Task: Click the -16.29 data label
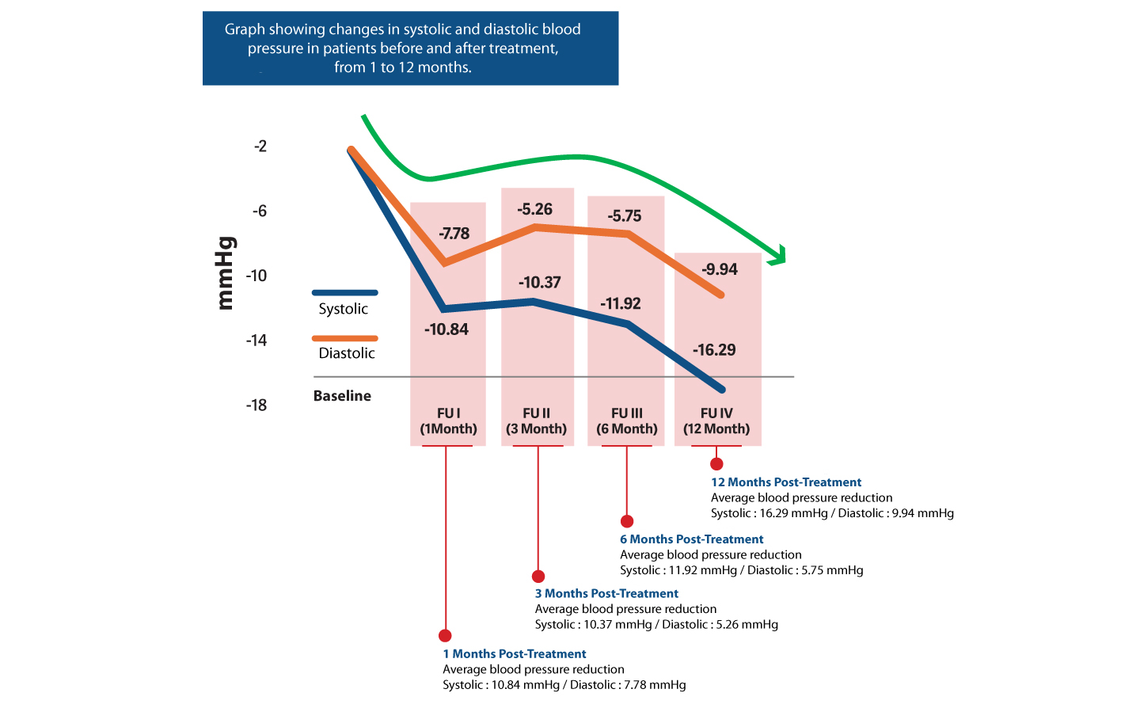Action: (x=714, y=350)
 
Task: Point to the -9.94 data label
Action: (x=720, y=269)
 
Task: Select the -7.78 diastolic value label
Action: (x=454, y=234)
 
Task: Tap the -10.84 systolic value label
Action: (x=446, y=329)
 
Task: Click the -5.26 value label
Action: (x=535, y=209)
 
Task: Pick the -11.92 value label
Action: (x=621, y=303)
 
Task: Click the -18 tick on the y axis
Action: (x=256, y=405)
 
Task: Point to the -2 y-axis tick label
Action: (x=260, y=147)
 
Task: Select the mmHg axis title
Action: (x=226, y=273)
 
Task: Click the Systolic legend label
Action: (x=344, y=309)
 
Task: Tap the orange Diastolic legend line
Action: (x=345, y=338)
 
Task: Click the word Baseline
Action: (x=342, y=396)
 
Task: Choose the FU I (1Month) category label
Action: (x=448, y=421)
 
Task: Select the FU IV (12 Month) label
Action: (x=716, y=421)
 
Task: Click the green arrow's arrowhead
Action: (x=780, y=256)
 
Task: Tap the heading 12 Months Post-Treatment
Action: (x=786, y=482)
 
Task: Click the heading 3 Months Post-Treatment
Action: (x=606, y=594)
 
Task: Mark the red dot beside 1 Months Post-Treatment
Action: (x=445, y=635)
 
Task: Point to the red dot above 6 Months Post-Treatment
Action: (x=627, y=521)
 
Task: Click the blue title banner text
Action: (x=403, y=48)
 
